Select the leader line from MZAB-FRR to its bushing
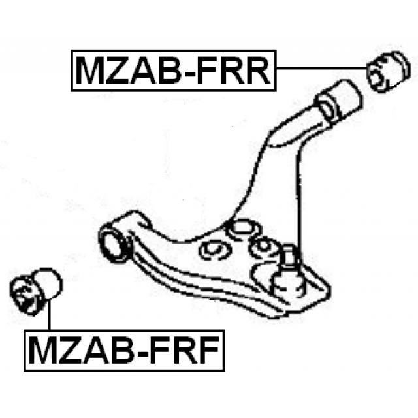pos(320,69)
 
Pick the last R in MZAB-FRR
pos(258,71)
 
